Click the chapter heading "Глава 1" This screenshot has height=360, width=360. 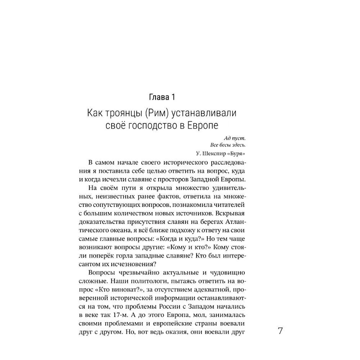pos(162,97)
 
